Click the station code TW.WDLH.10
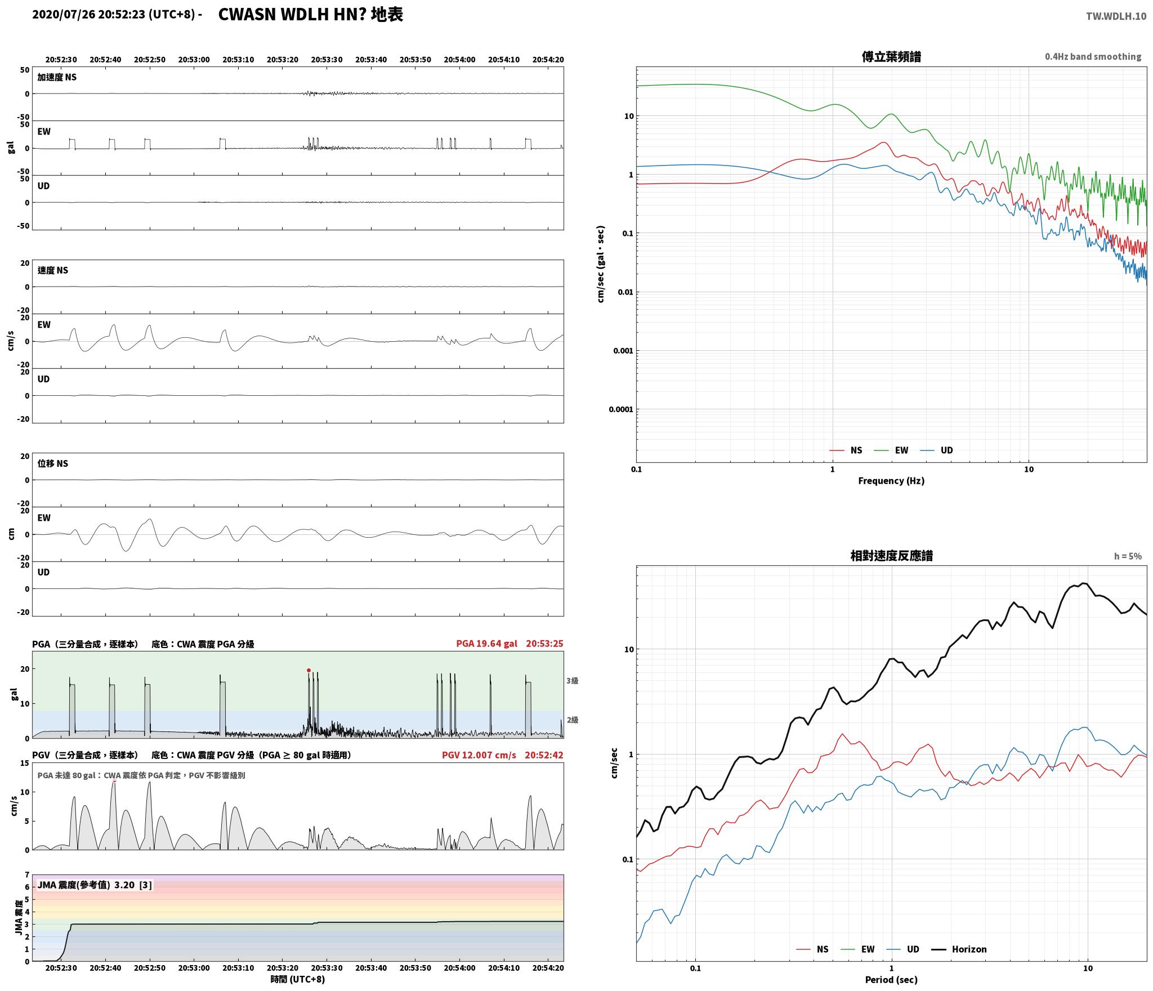click(1116, 16)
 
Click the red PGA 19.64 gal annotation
click(486, 644)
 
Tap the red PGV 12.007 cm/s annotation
click(479, 755)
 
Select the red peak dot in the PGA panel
click(309, 670)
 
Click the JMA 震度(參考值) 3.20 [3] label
click(95, 885)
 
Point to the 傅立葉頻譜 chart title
click(891, 57)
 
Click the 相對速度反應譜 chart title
click(891, 556)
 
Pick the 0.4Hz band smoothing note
click(1093, 57)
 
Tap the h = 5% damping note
click(1128, 556)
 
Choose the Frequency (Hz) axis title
click(891, 480)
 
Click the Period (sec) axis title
click(891, 979)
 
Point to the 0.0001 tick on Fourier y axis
click(620, 409)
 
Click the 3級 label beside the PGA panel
click(572, 681)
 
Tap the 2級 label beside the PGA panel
click(572, 720)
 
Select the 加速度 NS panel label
click(57, 77)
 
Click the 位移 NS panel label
click(53, 463)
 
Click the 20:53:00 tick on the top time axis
click(194, 59)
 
